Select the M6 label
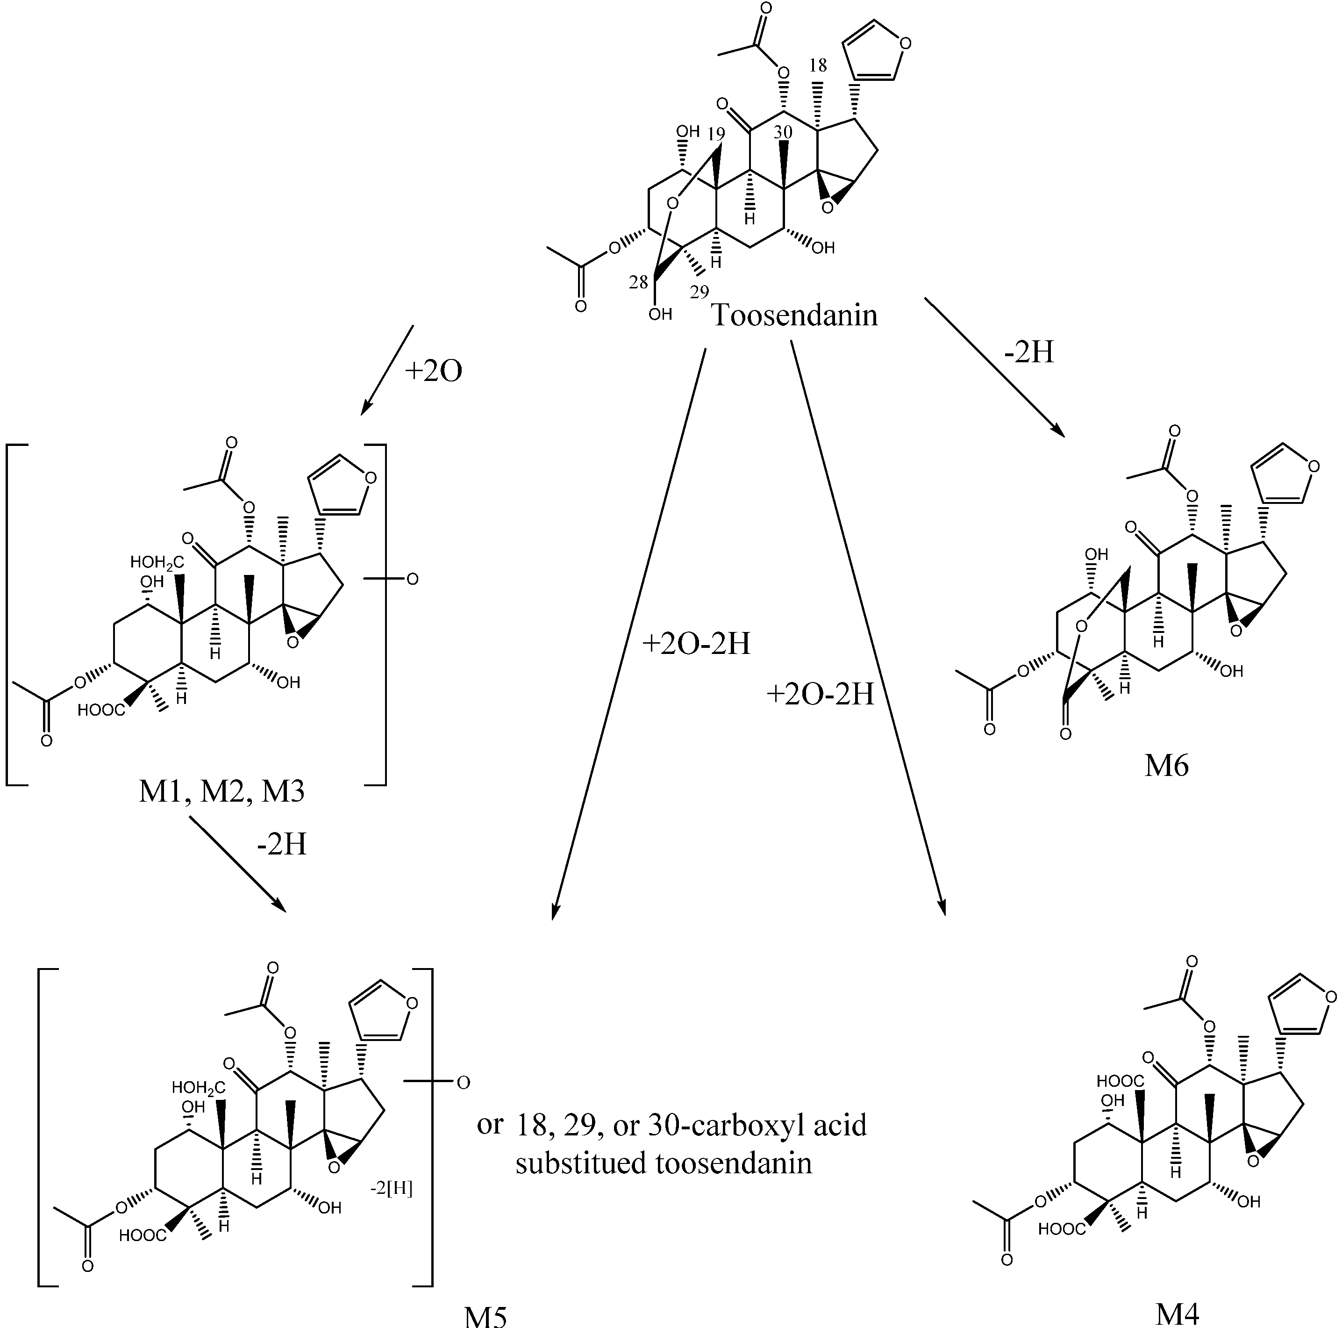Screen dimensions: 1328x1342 pyautogui.click(x=1167, y=765)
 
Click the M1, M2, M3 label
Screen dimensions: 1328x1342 pyautogui.click(x=221, y=791)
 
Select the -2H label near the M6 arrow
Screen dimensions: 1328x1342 pyautogui.click(x=1029, y=353)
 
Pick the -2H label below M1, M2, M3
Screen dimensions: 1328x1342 pyautogui.click(x=281, y=844)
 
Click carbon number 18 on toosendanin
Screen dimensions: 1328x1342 pyautogui.click(x=818, y=66)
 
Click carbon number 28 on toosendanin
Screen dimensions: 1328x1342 pyautogui.click(x=638, y=282)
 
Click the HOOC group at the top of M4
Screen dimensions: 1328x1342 pyautogui.click(x=1120, y=1081)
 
